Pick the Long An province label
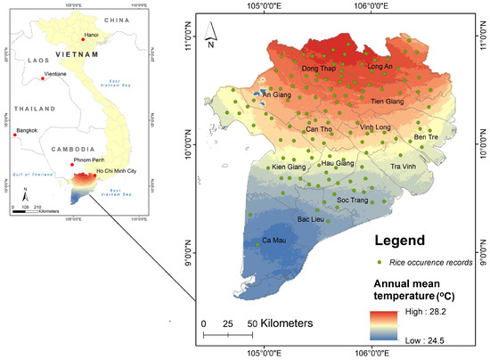[380, 67]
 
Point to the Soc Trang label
[354, 200]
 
